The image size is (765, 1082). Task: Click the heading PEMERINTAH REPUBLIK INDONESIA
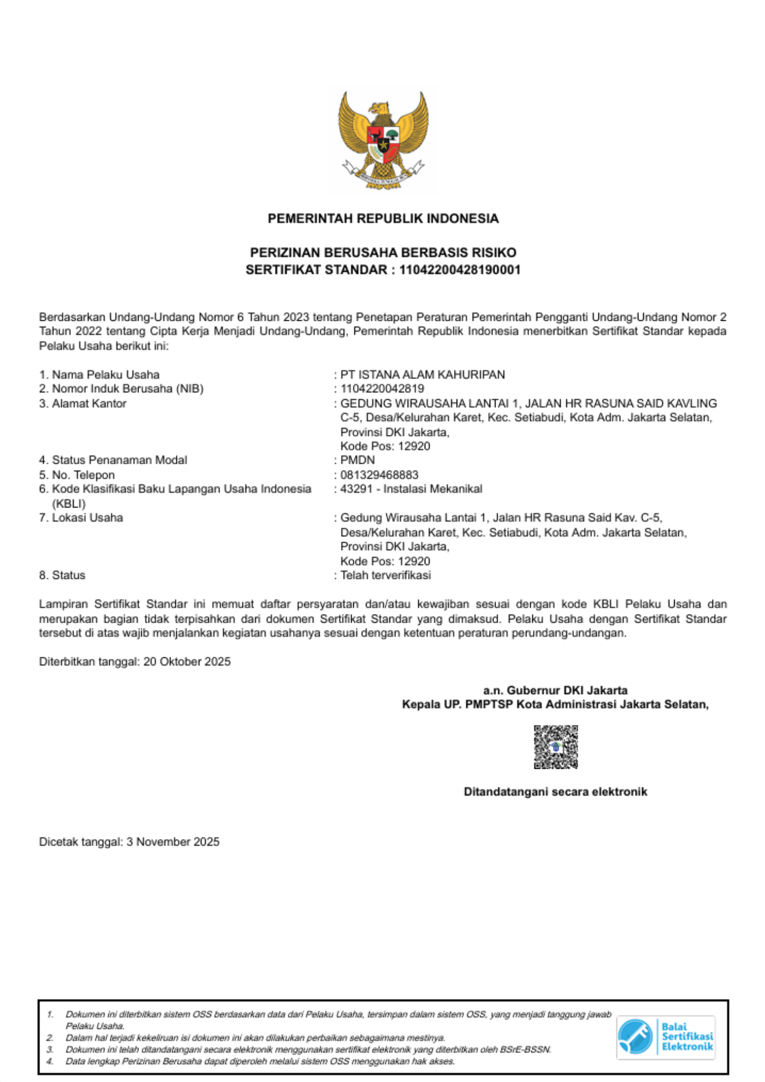click(383, 219)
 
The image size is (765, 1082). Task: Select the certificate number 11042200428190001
click(459, 270)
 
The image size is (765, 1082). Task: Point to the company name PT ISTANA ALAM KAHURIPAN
click(423, 375)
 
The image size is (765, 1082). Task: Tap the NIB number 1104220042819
click(382, 389)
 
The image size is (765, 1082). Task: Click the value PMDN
click(358, 460)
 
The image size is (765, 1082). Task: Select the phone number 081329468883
click(379, 475)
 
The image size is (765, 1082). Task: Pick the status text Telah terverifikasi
click(385, 576)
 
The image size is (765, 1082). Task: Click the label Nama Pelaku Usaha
click(105, 375)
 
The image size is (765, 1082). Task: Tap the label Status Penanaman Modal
click(119, 460)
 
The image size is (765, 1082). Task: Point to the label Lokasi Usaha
click(87, 518)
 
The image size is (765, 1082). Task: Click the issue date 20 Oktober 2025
click(187, 662)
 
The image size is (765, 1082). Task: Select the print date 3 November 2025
click(173, 842)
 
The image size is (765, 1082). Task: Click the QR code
click(556, 747)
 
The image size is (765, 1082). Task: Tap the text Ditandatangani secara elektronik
click(555, 792)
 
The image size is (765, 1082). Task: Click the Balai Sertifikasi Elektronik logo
click(665, 1037)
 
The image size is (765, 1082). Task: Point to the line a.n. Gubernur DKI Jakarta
click(555, 690)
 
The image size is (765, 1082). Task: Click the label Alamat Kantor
click(89, 404)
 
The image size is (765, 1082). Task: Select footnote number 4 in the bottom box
click(50, 1061)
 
